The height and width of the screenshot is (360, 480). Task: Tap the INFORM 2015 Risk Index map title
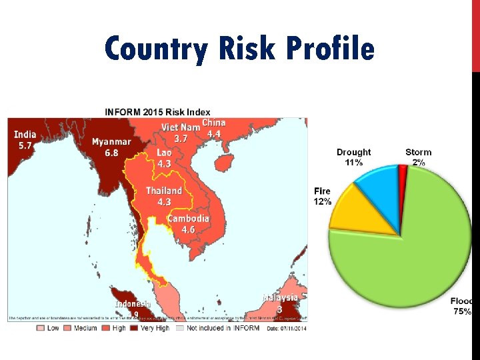[157, 111]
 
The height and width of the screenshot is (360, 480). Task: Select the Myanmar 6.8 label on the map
[111, 147]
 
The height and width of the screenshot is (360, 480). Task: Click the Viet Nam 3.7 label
[181, 133]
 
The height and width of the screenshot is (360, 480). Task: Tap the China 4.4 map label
[213, 128]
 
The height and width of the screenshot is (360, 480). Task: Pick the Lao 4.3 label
[164, 158]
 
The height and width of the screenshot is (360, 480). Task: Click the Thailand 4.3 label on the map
[164, 196]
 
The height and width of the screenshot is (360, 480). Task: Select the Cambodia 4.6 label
[188, 224]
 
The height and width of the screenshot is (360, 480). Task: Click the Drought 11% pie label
[353, 157]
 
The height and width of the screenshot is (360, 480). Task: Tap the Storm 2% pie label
[418, 157]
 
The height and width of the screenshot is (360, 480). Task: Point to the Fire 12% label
[322, 196]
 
